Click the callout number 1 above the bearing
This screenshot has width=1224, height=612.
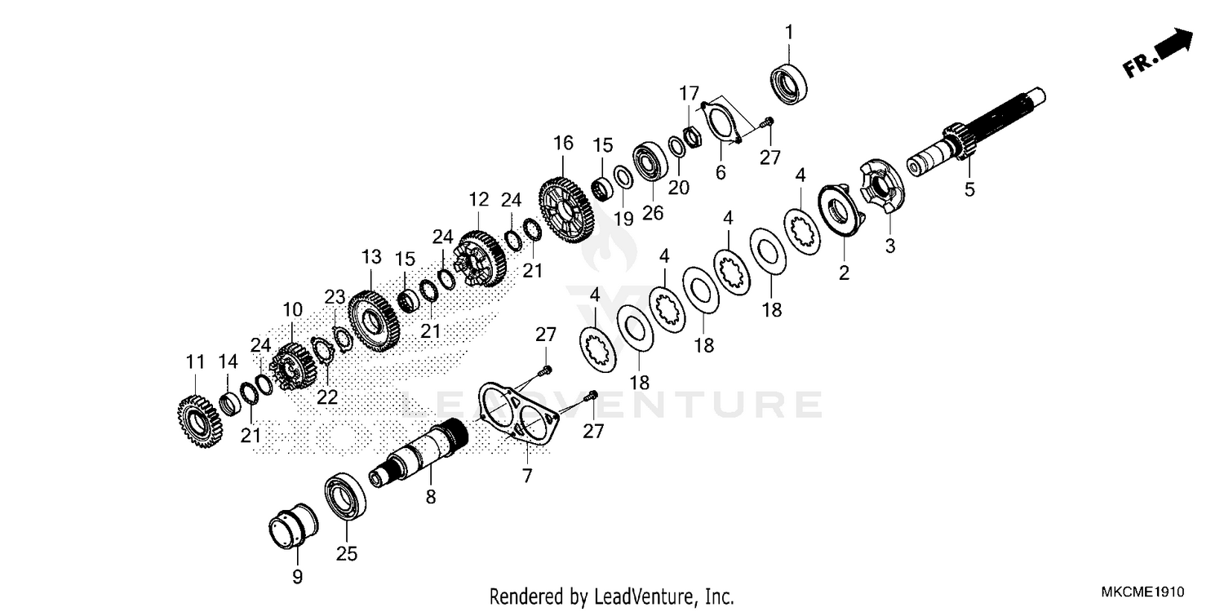[x=788, y=33]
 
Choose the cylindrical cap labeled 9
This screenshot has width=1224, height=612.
[x=295, y=528]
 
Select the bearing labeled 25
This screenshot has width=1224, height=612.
[x=346, y=496]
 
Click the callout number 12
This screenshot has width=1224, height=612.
[x=478, y=199]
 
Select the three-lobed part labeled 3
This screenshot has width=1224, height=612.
[x=882, y=191]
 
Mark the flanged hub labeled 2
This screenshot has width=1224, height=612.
[x=838, y=214]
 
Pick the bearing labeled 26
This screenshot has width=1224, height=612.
[x=651, y=164]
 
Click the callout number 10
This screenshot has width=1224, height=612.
[x=292, y=310]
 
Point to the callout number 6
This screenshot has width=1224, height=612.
[x=721, y=173]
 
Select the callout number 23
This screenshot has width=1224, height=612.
[x=335, y=296]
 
